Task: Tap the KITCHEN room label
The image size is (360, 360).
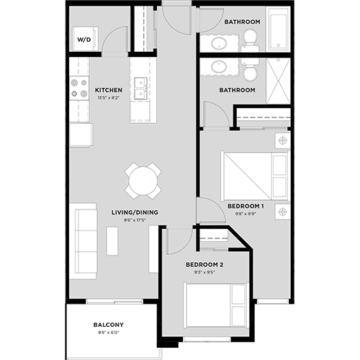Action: tap(108, 90)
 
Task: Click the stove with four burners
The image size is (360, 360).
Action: tap(78, 90)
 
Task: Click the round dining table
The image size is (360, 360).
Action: tap(143, 180)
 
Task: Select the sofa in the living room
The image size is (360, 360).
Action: tap(85, 240)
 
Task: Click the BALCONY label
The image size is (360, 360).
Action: tap(109, 324)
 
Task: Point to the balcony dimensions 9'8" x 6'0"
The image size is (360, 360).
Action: tap(109, 332)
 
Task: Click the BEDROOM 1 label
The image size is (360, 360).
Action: tap(246, 206)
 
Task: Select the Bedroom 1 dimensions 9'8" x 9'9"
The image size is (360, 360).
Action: tap(246, 213)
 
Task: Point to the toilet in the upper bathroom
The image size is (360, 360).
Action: tap(250, 36)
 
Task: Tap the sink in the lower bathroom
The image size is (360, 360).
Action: tap(217, 68)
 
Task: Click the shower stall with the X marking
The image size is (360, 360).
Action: tap(278, 81)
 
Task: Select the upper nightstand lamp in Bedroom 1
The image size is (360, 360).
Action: tap(282, 139)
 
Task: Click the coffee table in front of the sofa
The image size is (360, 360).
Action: tap(113, 240)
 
